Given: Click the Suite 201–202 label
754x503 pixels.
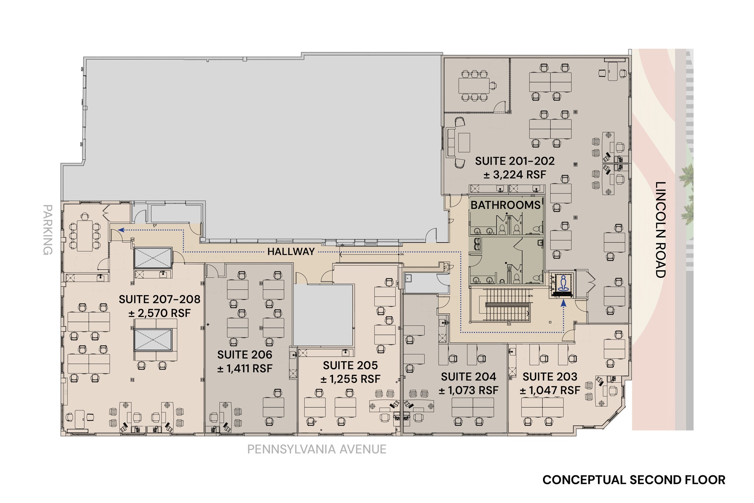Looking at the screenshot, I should [x=514, y=161].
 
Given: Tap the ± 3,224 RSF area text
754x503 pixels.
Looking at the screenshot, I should [x=514, y=175].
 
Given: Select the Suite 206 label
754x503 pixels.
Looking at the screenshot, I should [x=244, y=354].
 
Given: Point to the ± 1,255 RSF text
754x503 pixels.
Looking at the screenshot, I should [x=350, y=379].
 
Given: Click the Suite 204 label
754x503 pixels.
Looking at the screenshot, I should [x=468, y=377].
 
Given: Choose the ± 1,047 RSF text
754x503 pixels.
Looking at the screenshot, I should [x=550, y=390].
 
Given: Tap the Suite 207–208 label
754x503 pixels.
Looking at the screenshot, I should [x=159, y=299].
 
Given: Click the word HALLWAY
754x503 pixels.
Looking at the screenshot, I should [x=291, y=252].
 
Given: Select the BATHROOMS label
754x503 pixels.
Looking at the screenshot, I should [x=505, y=205].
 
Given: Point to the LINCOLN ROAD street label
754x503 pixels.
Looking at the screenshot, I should [x=661, y=230].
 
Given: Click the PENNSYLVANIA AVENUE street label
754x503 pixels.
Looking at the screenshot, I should [x=317, y=449].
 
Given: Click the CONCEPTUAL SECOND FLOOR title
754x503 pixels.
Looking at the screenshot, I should [x=634, y=480].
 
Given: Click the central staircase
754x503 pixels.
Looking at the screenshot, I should [x=507, y=305].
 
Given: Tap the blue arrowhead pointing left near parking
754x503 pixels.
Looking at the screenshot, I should [x=120, y=230].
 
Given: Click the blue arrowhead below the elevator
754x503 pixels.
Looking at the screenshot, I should [x=563, y=303].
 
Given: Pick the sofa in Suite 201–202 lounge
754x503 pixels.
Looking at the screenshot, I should [x=451, y=142].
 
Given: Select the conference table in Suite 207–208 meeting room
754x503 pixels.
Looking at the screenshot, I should [x=85, y=235].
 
